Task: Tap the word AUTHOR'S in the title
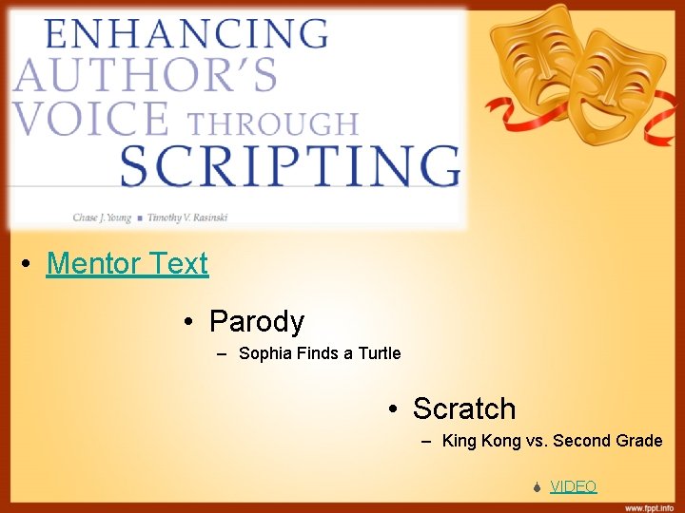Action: coord(145,75)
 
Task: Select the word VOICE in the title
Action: coord(90,120)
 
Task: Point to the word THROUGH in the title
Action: coord(272,123)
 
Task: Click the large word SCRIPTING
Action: coord(290,167)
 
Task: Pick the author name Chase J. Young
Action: coord(100,218)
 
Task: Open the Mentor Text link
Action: coord(127,263)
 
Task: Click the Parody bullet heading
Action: coord(256,321)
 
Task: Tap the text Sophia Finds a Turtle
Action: coord(320,353)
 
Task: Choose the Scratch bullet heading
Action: coord(463,408)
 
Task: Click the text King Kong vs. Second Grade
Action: coord(552,441)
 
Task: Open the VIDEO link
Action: coord(573,486)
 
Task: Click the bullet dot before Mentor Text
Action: coord(31,264)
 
